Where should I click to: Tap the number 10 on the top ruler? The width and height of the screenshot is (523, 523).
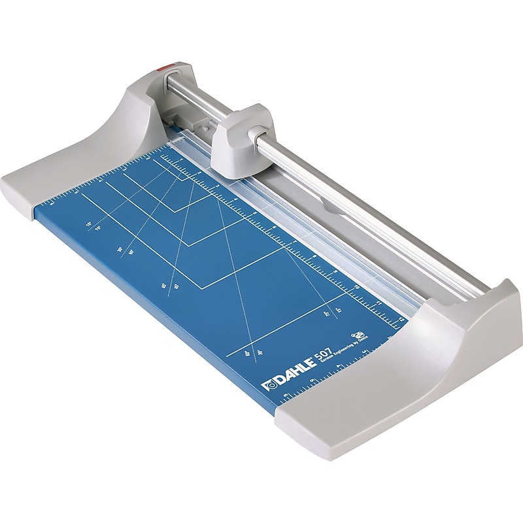[358, 286]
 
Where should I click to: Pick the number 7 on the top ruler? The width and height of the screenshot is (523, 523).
[295, 241]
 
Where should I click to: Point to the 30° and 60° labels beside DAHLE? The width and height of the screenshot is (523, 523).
[249, 354]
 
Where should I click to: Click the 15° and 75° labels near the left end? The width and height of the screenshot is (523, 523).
[92, 226]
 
